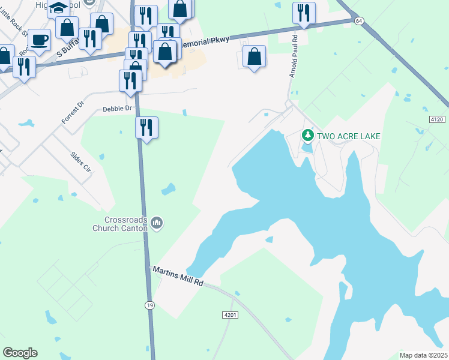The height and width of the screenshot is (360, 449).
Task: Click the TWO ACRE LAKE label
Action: (x=348, y=136)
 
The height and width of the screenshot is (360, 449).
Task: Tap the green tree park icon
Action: (x=308, y=135)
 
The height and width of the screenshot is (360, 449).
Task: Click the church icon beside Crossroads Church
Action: (x=157, y=223)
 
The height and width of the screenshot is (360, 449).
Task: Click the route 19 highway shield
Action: (x=148, y=305)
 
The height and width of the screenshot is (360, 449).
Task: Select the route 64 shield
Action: (x=359, y=20)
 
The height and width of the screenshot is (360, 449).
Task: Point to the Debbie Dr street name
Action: (x=116, y=109)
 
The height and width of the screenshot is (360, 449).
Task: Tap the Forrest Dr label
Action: (x=73, y=112)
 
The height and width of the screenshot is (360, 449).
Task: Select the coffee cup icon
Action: (x=40, y=40)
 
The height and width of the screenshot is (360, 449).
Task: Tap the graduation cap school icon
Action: (x=59, y=8)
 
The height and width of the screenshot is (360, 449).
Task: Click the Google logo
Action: (x=20, y=353)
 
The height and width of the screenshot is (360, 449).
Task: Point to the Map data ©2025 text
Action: (x=423, y=355)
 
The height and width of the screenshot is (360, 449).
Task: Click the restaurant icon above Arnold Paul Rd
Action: (x=304, y=12)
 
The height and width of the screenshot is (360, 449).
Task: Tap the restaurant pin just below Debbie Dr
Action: (x=146, y=127)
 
